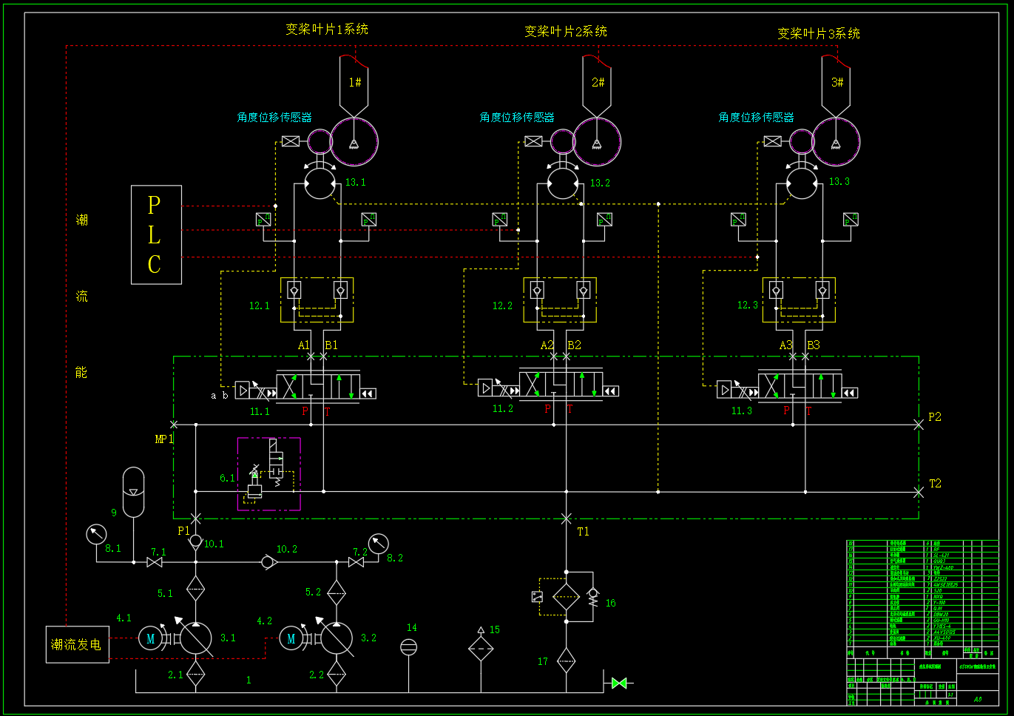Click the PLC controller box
coord(156,234)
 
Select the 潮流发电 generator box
coord(77,644)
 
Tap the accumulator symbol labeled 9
coord(133,492)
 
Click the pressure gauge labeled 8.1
coord(96,533)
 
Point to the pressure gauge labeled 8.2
coord(378,544)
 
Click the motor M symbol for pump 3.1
coord(150,638)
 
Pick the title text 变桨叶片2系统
coord(566,32)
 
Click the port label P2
coord(935,417)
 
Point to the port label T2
coord(935,484)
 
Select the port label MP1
coord(163,439)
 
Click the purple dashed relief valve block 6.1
coord(268,474)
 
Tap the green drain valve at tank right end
coord(619,683)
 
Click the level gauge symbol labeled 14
coord(408,647)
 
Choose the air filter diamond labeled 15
coord(481,649)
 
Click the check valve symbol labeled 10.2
coord(267,562)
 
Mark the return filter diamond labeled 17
coord(566,660)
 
